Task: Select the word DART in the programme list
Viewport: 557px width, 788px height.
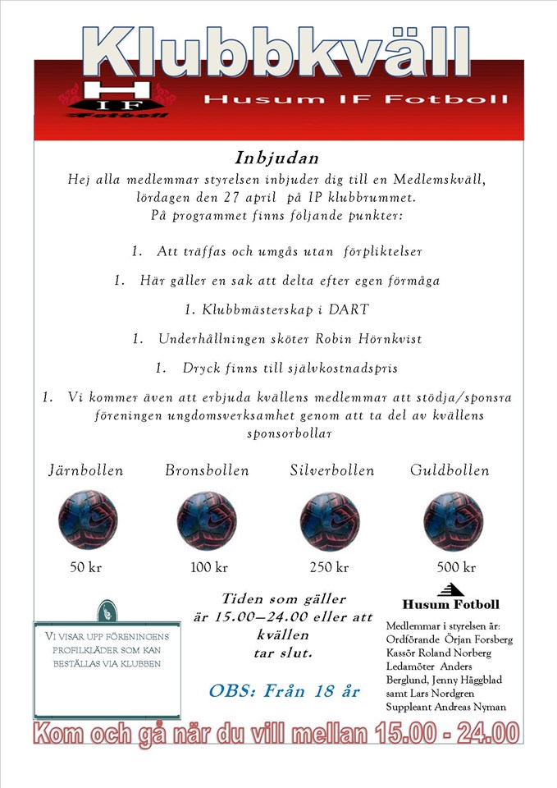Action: point(349,309)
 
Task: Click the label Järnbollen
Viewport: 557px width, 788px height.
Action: point(86,471)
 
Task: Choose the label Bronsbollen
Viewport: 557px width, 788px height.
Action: point(207,471)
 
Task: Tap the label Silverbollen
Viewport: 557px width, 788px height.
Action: point(331,471)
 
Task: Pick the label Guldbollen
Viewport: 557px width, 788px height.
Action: point(450,471)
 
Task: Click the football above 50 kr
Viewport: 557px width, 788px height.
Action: point(88,520)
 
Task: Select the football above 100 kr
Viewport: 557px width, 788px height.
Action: point(207,520)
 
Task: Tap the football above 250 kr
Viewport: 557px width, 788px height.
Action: point(330,520)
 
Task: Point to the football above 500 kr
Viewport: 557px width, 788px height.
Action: point(453,520)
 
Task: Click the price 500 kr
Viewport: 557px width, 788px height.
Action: point(456,567)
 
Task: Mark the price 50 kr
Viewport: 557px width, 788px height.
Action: point(86,567)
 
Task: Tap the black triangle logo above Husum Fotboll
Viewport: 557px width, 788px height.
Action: point(450,589)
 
